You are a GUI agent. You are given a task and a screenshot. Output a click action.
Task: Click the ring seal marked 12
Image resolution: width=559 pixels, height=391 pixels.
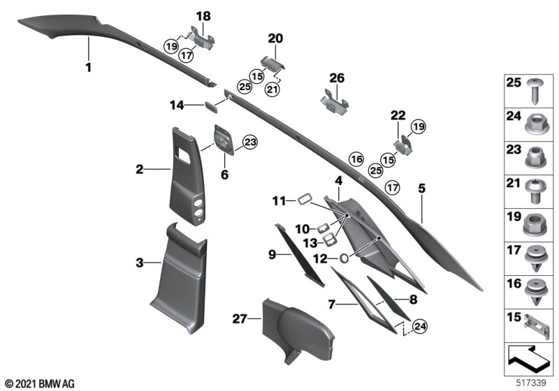pos(344,258)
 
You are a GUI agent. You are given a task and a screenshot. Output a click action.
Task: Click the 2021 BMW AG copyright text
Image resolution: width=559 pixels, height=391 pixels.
pos(39,383)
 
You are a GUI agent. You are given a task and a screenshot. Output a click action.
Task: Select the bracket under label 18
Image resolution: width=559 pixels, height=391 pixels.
pos(201,39)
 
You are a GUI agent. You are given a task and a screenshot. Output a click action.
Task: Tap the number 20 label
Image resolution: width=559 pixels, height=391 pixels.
pos(275,38)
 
